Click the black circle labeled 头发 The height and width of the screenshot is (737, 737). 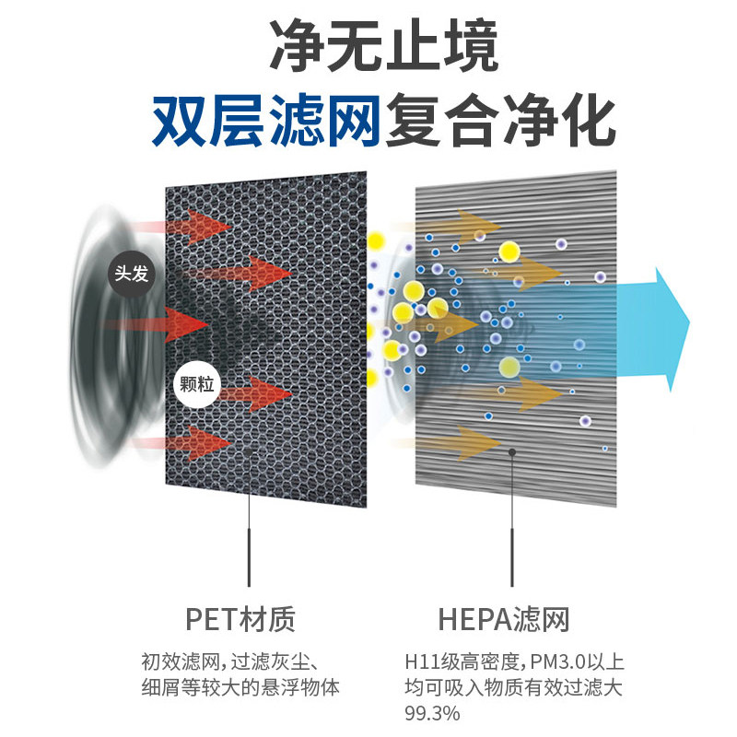[131, 274]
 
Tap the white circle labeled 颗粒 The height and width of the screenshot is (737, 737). [197, 384]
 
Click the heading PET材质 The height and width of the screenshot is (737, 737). [240, 619]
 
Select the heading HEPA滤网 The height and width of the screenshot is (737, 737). [503, 619]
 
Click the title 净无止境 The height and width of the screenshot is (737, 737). [383, 45]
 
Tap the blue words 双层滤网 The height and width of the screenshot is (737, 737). [266, 120]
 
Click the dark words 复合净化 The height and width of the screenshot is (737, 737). [500, 120]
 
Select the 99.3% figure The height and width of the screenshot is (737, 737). [432, 713]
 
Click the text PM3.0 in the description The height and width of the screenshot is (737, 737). [558, 661]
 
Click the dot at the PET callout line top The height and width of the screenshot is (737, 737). [248, 452]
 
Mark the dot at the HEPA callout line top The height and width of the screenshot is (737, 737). [512, 452]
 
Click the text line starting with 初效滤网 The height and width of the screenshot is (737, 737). [230, 661]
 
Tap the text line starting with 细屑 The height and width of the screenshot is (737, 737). [240, 687]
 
